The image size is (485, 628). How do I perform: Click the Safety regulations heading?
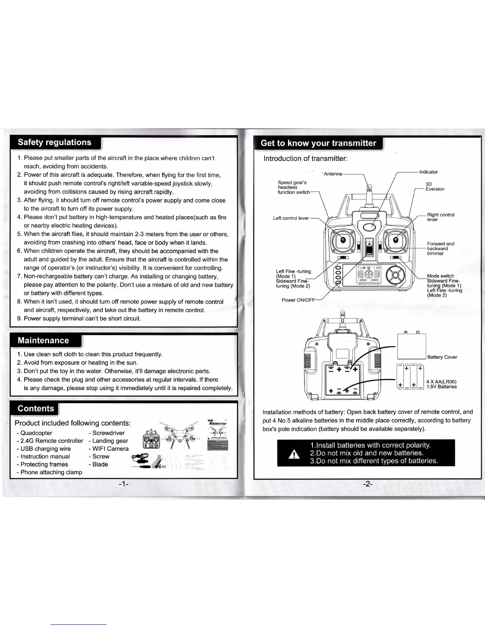(55, 143)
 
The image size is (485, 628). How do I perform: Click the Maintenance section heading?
(43, 341)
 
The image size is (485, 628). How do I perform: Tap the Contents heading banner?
(36, 409)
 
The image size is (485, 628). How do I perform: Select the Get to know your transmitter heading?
(318, 143)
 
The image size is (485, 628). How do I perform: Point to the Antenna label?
(333, 174)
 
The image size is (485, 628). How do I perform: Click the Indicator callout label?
(428, 172)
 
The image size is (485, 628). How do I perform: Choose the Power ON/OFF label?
(298, 300)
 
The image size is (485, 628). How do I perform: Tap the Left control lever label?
(291, 218)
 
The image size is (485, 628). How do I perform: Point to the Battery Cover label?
(442, 357)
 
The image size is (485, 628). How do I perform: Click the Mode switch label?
(441, 276)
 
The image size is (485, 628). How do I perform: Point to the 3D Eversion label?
(435, 187)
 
